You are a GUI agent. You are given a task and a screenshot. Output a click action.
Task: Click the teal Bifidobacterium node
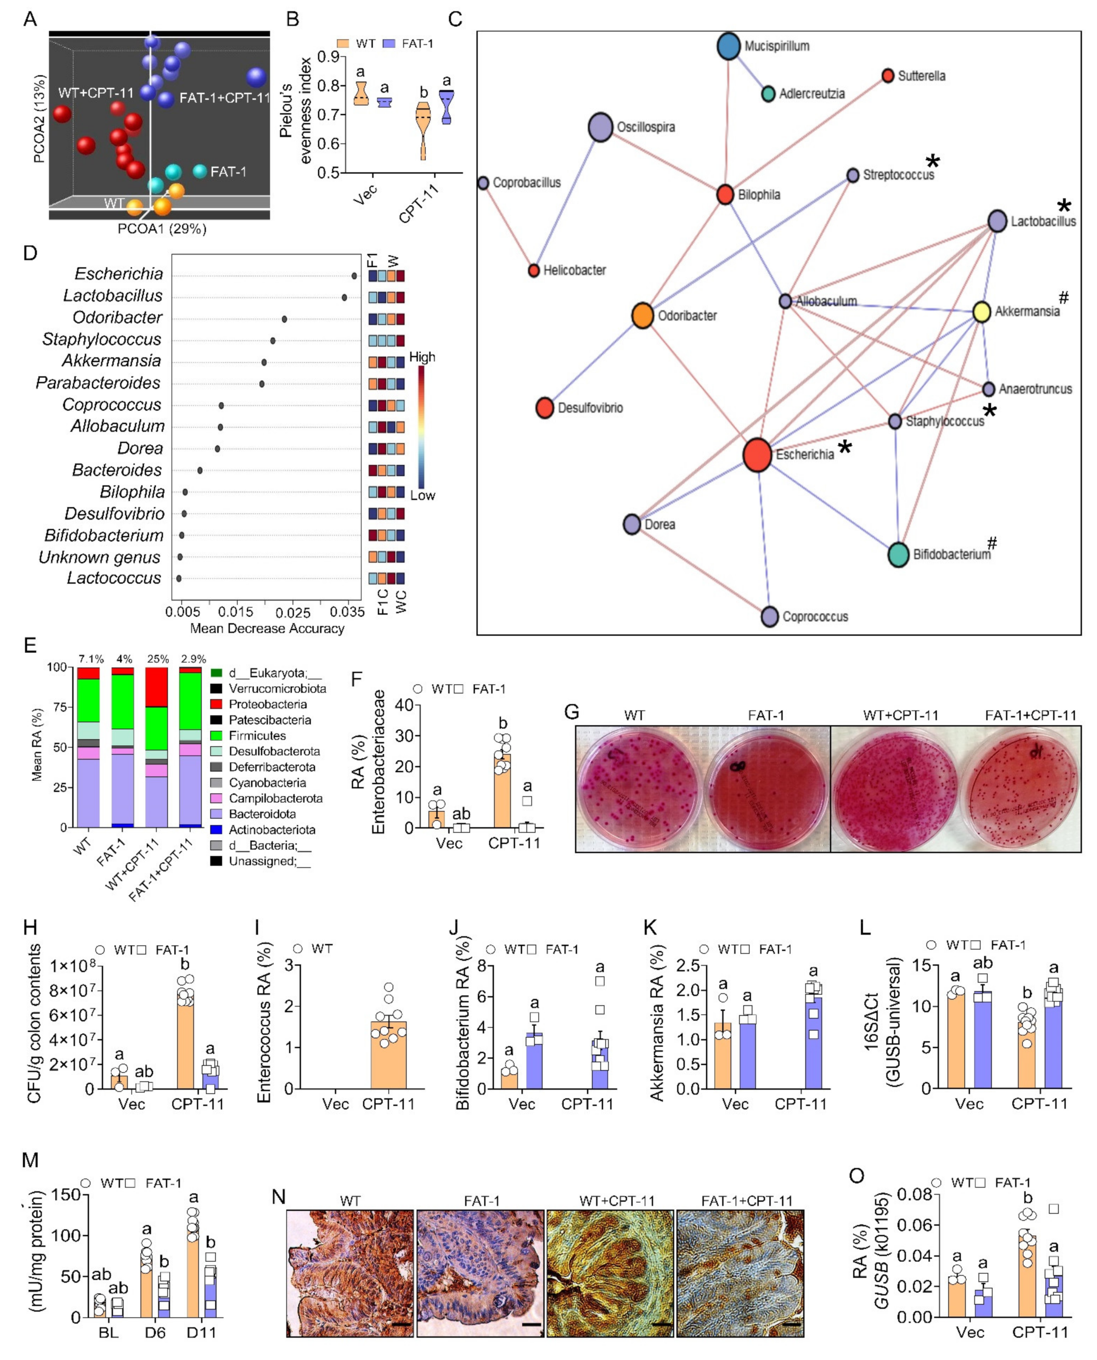click(898, 554)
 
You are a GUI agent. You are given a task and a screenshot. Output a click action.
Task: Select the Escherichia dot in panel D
click(354, 275)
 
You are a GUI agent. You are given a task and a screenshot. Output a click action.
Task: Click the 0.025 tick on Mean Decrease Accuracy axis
click(293, 612)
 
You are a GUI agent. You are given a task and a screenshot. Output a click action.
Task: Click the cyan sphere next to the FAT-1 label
click(200, 171)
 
